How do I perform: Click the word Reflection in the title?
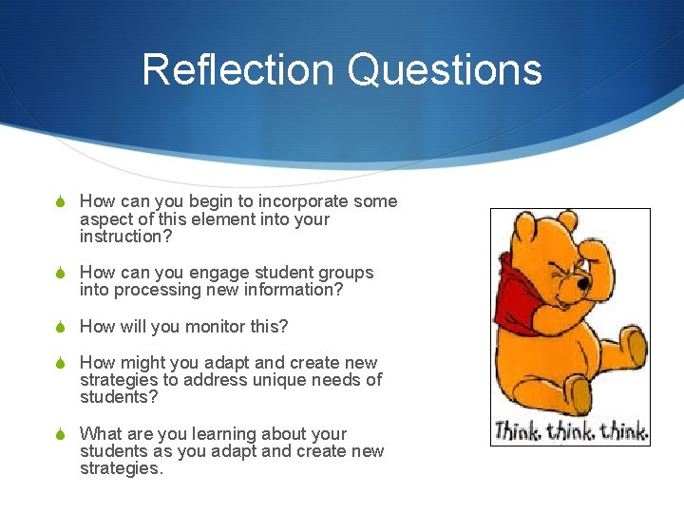pos(237,70)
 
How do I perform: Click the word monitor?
pos(208,327)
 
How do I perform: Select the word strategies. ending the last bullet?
pos(122,468)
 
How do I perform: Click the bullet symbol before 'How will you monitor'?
pos(59,327)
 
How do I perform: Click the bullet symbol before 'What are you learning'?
pos(59,434)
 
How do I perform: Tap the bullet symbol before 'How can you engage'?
pos(59,273)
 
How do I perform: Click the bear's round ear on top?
pos(566,222)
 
